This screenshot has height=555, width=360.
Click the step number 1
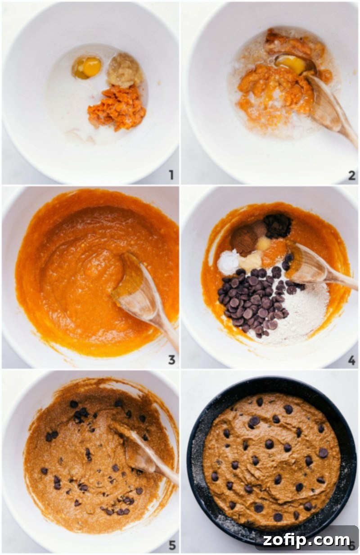click(171, 175)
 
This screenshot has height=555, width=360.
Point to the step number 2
click(351, 175)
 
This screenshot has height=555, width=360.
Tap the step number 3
click(171, 360)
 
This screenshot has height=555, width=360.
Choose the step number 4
click(351, 360)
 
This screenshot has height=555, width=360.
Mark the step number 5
click(171, 545)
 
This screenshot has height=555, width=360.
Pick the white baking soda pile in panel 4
click(228, 262)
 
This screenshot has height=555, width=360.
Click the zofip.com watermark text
click(306, 539)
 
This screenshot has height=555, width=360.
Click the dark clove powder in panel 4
click(277, 225)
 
